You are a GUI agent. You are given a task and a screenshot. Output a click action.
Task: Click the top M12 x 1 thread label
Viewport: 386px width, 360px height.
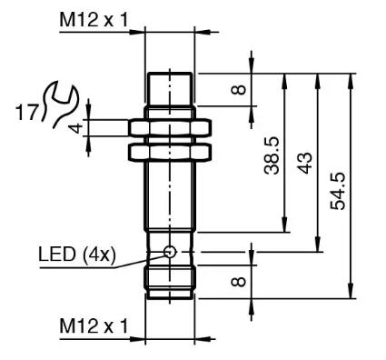(94, 20)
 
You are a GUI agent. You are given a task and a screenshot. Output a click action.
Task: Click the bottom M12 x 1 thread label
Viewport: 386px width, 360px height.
(94, 326)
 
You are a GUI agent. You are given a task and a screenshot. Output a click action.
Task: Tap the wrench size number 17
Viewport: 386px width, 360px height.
(27, 112)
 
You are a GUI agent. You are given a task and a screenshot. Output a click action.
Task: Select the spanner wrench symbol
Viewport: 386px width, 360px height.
(60, 103)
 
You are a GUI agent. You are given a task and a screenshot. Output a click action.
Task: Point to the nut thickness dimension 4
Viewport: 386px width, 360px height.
(76, 128)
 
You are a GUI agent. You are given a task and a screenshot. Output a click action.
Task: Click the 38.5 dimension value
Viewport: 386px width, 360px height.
(272, 155)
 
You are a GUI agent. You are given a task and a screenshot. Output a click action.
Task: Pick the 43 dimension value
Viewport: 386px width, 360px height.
(304, 163)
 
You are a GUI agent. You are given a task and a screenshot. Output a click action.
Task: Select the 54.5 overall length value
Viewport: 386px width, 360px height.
(338, 191)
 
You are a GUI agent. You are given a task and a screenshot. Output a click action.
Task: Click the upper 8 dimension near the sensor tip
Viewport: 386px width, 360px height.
(239, 90)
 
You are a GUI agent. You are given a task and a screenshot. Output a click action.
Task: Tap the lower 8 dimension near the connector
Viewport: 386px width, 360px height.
(239, 282)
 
